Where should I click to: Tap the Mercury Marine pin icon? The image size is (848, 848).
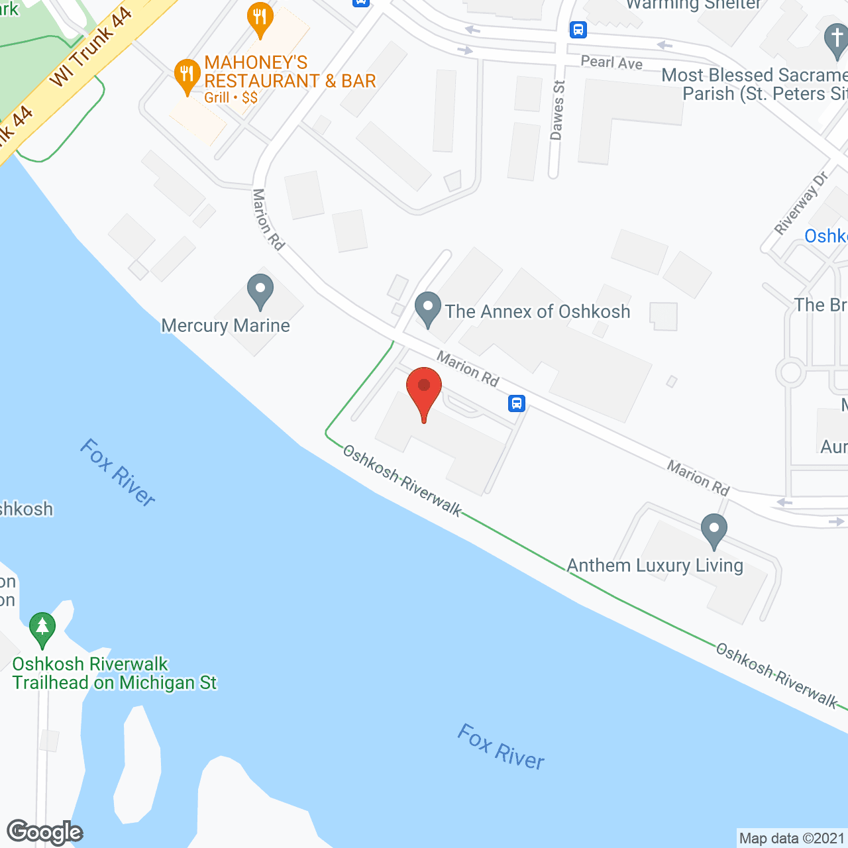pyautogui.click(x=260, y=291)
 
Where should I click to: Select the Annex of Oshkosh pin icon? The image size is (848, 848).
pyautogui.click(x=428, y=309)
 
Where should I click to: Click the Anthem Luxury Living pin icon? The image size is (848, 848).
pyautogui.click(x=714, y=531)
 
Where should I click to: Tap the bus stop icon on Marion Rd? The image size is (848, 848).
pyautogui.click(x=517, y=403)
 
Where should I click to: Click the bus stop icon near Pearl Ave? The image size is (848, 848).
pyautogui.click(x=578, y=29)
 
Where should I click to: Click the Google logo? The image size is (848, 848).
pyautogui.click(x=45, y=832)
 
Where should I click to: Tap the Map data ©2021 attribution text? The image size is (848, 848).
pyautogui.click(x=792, y=839)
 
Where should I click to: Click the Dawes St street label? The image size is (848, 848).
pyautogui.click(x=557, y=110)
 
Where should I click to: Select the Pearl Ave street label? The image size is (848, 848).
pyautogui.click(x=611, y=62)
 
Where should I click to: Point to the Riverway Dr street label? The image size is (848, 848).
pyautogui.click(x=802, y=203)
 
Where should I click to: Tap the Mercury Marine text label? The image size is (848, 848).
pyautogui.click(x=225, y=325)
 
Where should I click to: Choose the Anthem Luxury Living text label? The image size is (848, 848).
pyautogui.click(x=655, y=565)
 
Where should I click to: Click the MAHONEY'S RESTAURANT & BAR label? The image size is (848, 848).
pyautogui.click(x=290, y=72)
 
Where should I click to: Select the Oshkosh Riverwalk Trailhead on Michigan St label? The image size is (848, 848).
pyautogui.click(x=114, y=673)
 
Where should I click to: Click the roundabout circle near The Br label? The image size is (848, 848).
pyautogui.click(x=791, y=372)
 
